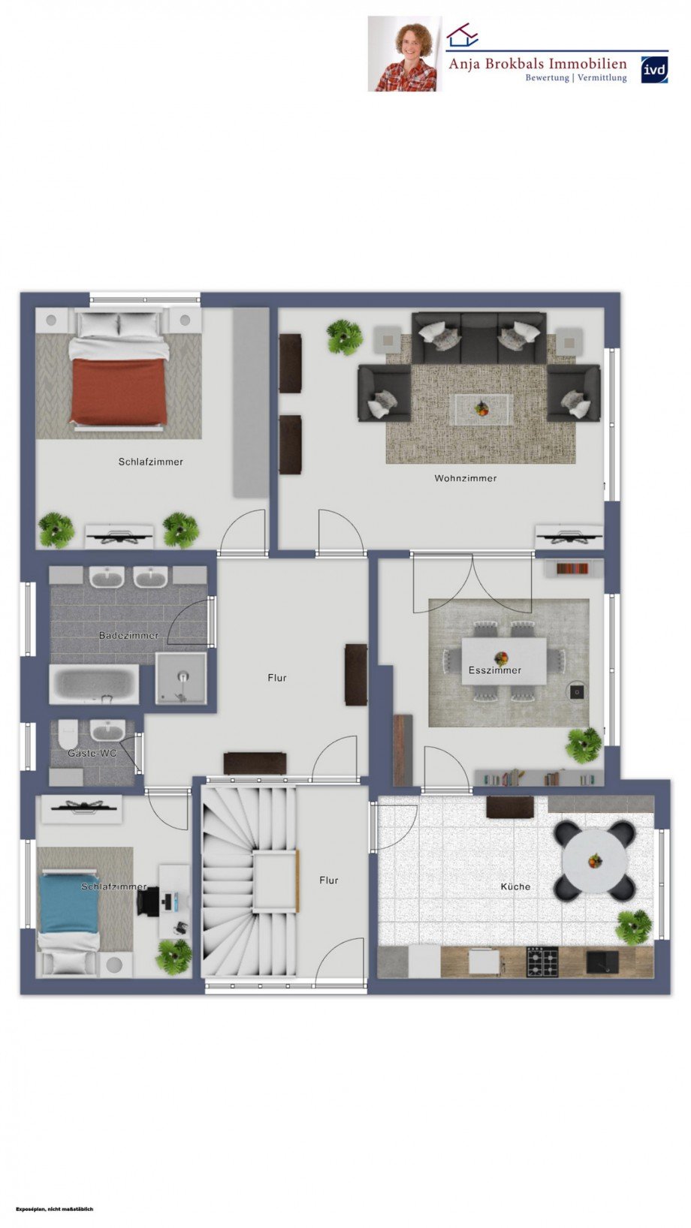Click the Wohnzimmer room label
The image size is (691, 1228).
[x=465, y=478]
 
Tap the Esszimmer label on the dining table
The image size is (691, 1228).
[x=494, y=670]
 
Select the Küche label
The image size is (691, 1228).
[x=515, y=886]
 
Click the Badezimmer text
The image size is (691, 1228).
[x=128, y=635]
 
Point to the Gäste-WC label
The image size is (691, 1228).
[x=92, y=752]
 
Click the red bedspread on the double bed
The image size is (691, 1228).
[x=119, y=391]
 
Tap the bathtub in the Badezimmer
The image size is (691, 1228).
[x=94, y=684]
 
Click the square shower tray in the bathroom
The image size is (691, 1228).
[x=181, y=678]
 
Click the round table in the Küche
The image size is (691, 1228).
[x=594, y=860]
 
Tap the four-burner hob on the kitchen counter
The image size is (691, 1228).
[x=542, y=962]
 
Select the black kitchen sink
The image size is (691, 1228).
[x=602, y=961]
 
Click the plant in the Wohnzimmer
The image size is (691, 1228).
[x=345, y=337]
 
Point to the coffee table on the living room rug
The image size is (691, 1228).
[x=481, y=409]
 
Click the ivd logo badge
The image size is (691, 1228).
[x=654, y=70]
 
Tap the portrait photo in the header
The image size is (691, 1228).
[x=405, y=54]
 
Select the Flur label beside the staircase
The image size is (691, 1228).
[x=328, y=880]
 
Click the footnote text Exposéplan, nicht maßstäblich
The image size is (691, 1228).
[x=54, y=1209]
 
